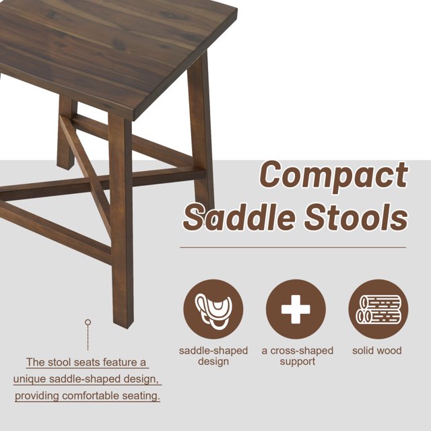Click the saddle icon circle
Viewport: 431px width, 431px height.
[x=213, y=309]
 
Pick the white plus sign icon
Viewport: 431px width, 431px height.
[x=296, y=309]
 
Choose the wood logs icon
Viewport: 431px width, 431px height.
[x=378, y=309]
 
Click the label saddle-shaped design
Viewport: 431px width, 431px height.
[x=213, y=356]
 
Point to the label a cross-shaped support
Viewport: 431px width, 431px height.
[x=298, y=356]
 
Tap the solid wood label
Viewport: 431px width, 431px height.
[x=377, y=350]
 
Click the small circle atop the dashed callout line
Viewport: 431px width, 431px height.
[x=88, y=322]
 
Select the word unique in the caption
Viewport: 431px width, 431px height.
[x=30, y=379]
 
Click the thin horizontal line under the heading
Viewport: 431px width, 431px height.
[x=293, y=247]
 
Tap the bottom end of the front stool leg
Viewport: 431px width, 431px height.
[x=124, y=325]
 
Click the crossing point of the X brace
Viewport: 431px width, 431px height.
[x=90, y=181]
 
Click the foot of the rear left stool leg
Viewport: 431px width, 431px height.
[x=65, y=167]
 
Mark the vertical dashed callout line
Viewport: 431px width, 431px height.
[x=88, y=337]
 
